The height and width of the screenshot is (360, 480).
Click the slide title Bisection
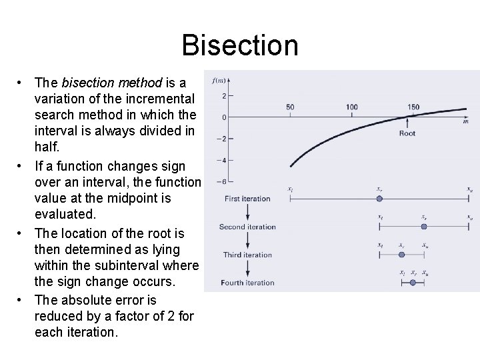tap(239, 45)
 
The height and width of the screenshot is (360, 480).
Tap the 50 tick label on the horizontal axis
tap(290, 107)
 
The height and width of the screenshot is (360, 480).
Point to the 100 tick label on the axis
tap(351, 107)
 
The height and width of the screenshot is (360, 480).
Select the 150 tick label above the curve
tap(413, 107)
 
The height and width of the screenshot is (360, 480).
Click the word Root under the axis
tap(407, 133)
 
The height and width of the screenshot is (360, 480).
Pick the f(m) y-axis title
tap(219, 81)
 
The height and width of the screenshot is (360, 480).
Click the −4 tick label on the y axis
tap(221, 160)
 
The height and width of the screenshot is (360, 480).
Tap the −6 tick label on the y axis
tap(221, 181)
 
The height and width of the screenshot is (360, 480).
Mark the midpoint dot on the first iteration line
tap(379, 199)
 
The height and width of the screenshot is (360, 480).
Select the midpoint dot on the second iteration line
tap(424, 227)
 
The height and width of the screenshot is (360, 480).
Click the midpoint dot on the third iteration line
tap(401, 255)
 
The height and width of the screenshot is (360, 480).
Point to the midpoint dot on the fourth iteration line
tap(413, 283)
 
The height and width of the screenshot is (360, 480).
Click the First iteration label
tap(247, 199)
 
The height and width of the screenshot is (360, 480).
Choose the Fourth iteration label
tap(247, 283)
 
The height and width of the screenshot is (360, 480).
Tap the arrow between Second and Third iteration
tap(247, 241)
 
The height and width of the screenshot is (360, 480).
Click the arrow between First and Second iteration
tap(247, 213)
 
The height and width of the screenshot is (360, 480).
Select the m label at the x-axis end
tap(465, 122)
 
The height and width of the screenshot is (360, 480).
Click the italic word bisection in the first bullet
tap(93, 83)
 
